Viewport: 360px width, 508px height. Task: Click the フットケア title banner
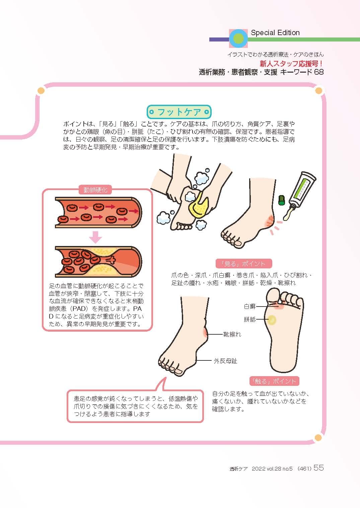click(179, 112)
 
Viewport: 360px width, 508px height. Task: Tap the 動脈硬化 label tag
click(95, 190)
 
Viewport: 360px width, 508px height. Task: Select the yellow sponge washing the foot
click(198, 206)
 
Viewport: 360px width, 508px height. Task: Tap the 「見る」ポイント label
click(244, 264)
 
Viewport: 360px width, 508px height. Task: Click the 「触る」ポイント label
click(274, 381)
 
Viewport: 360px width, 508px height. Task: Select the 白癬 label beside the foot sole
click(250, 306)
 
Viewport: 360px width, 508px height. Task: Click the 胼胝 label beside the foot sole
click(250, 320)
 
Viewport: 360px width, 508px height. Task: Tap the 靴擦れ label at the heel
click(232, 334)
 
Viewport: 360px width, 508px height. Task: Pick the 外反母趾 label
click(225, 361)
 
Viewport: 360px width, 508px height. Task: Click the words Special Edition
click(275, 33)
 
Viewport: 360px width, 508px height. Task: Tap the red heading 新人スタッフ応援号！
click(292, 64)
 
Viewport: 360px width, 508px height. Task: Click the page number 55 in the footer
click(318, 468)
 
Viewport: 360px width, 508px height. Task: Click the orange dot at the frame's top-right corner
click(319, 90)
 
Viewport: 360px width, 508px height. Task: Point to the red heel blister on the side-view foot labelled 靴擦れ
click(205, 332)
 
